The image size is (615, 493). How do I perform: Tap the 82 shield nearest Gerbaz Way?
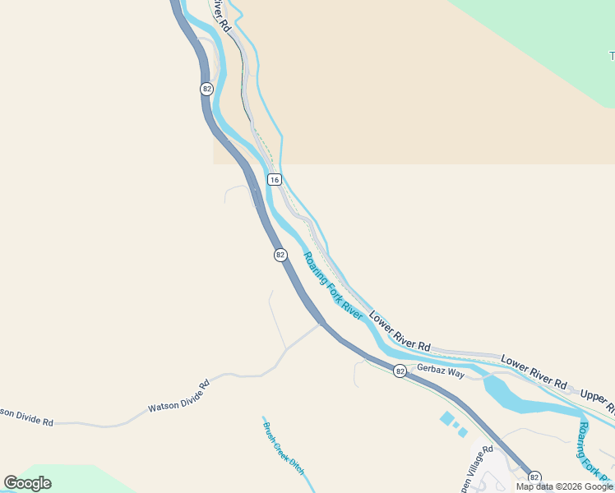coord(400,371)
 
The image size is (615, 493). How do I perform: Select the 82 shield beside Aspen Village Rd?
coord(534,477)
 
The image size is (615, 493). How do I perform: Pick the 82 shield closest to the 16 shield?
coord(280,255)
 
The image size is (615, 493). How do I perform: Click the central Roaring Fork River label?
coord(333,285)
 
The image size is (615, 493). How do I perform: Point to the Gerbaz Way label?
coord(441,371)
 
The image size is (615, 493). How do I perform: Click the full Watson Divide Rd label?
coord(178,395)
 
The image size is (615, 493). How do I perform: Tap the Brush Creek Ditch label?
coord(284,449)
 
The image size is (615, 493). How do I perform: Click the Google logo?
coord(27,483)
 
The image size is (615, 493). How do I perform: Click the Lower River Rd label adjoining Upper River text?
coord(534,372)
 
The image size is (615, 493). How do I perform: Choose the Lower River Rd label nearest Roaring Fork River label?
coord(400,331)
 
